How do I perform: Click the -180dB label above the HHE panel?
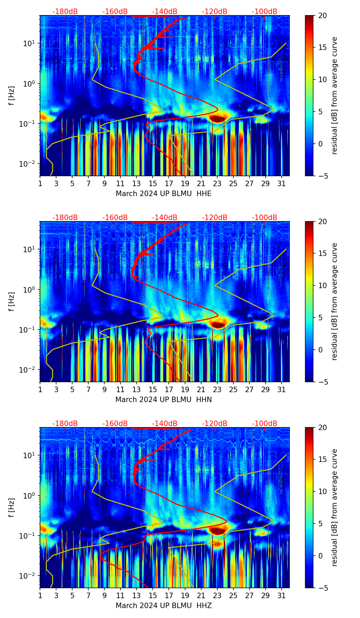pos(65,12)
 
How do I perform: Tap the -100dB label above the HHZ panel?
pos(265,424)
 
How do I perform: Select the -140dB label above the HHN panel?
pos(165,218)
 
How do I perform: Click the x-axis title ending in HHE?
pos(164,194)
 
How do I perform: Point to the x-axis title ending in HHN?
pos(164,400)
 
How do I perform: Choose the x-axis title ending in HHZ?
pos(164,606)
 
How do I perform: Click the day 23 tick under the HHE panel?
pos(217,183)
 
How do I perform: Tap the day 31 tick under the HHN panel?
pos(282,389)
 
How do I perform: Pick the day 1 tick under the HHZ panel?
pos(40,595)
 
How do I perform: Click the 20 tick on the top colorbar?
pos(323,15)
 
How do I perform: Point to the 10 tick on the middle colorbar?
pos(323,285)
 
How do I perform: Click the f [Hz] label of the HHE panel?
pos(12,95)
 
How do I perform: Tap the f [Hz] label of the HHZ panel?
pos(12,507)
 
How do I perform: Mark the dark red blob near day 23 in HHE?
pos(218,119)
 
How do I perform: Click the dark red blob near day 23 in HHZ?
pos(218,531)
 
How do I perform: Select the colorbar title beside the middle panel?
pos(335,301)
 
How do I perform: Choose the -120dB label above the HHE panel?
pos(215,12)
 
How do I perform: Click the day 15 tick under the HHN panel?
pos(153,389)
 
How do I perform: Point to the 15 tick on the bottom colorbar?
pos(323,459)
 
